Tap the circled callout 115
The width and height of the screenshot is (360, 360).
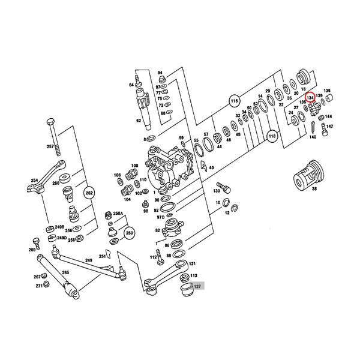(x=235, y=103)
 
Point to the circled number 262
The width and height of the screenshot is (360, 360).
(x=89, y=193)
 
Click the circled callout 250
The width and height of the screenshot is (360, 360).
(x=130, y=233)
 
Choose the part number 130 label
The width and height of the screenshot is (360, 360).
(x=216, y=190)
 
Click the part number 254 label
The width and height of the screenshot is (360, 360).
(x=34, y=180)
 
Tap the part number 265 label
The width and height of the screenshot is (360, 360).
(x=65, y=272)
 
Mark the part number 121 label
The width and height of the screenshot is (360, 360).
(x=192, y=263)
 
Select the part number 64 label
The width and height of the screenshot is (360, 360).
(x=131, y=85)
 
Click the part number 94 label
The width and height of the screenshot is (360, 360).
(x=160, y=73)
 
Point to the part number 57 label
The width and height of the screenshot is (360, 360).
(x=206, y=134)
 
